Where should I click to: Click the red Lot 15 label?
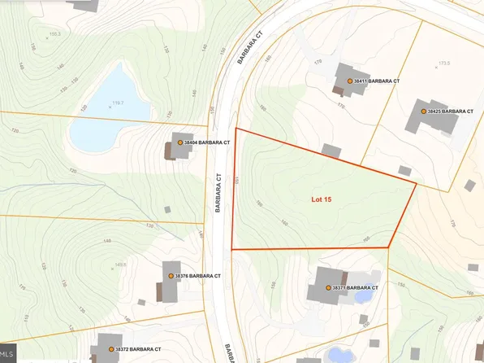(x=322, y=198)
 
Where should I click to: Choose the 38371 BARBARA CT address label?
(x=356, y=288)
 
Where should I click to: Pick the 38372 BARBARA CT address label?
(x=139, y=349)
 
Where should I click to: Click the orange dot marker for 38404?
(x=180, y=142)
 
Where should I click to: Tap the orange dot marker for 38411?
(x=349, y=81)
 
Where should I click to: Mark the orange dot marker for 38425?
(x=423, y=111)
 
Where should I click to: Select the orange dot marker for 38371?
(x=328, y=288)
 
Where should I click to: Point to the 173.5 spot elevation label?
(x=443, y=62)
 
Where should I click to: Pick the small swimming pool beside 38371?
(x=364, y=295)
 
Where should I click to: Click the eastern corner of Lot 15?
(x=416, y=184)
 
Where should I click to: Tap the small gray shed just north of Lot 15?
(x=331, y=151)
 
